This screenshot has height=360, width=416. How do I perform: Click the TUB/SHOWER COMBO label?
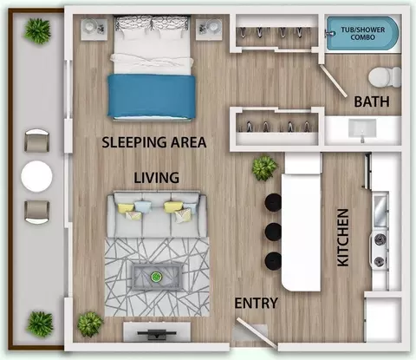point(363,34)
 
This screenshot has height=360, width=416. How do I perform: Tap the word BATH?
point(372,101)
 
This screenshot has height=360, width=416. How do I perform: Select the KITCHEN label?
point(343,238)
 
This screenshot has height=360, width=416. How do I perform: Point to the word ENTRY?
point(256,304)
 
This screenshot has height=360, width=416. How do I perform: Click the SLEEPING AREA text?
point(154,142)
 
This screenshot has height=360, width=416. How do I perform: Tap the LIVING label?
point(157,178)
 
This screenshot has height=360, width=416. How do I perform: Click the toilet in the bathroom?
point(385,77)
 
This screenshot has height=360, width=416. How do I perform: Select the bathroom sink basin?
point(362,129)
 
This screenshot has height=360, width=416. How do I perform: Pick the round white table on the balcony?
point(36,176)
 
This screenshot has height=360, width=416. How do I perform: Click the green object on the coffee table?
point(156,277)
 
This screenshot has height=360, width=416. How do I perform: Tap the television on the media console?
point(156,333)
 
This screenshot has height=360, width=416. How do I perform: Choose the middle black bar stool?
point(273,232)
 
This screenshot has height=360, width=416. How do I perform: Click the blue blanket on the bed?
point(152,96)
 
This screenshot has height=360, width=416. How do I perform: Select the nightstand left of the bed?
point(94,29)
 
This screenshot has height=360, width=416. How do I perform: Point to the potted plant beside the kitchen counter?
point(264,168)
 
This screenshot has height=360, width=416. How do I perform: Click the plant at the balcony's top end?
point(38,31)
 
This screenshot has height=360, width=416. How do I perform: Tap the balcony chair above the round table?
point(37,141)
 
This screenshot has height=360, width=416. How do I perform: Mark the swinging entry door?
point(257,332)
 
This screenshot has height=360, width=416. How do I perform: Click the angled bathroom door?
point(335,81)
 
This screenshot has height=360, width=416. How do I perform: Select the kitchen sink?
point(380,210)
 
